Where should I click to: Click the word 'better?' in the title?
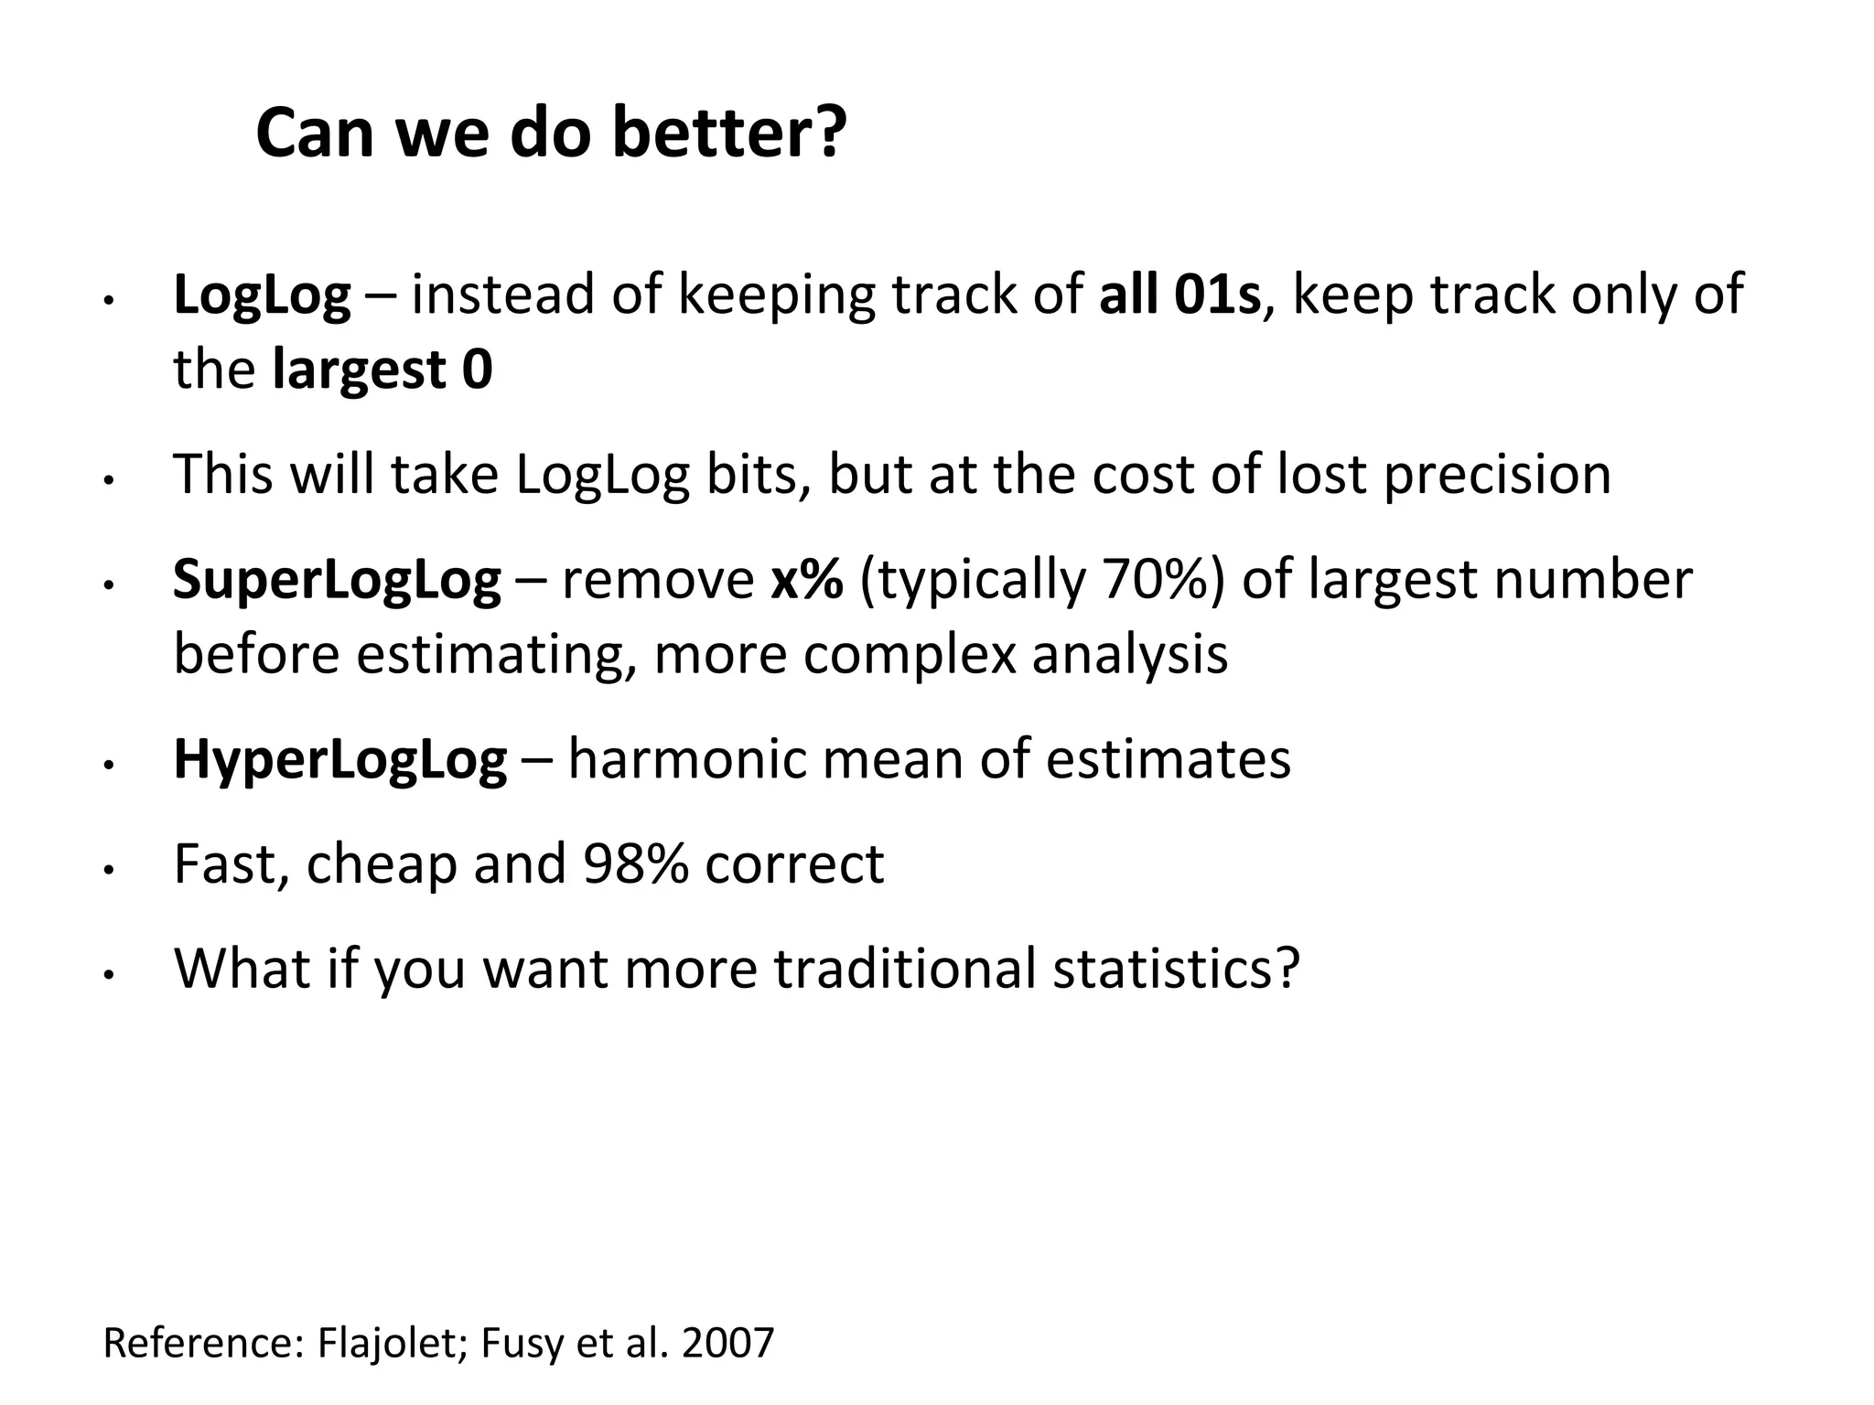pyautogui.click(x=728, y=134)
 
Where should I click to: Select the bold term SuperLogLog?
pyautogui.click(x=337, y=580)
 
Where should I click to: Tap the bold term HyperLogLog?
pyautogui.click(x=339, y=759)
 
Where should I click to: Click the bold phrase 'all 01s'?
pyautogui.click(x=1179, y=295)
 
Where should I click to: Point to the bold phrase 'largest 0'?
pyautogui.click(x=382, y=370)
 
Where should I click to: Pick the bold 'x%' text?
pyautogui.click(x=806, y=580)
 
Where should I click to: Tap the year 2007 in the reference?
pyautogui.click(x=728, y=1343)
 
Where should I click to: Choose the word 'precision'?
pyautogui.click(x=1497, y=475)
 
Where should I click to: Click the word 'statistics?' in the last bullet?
pyautogui.click(x=1176, y=968)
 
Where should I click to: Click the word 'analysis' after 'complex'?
pyautogui.click(x=1129, y=655)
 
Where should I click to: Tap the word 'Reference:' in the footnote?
pyautogui.click(x=202, y=1343)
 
